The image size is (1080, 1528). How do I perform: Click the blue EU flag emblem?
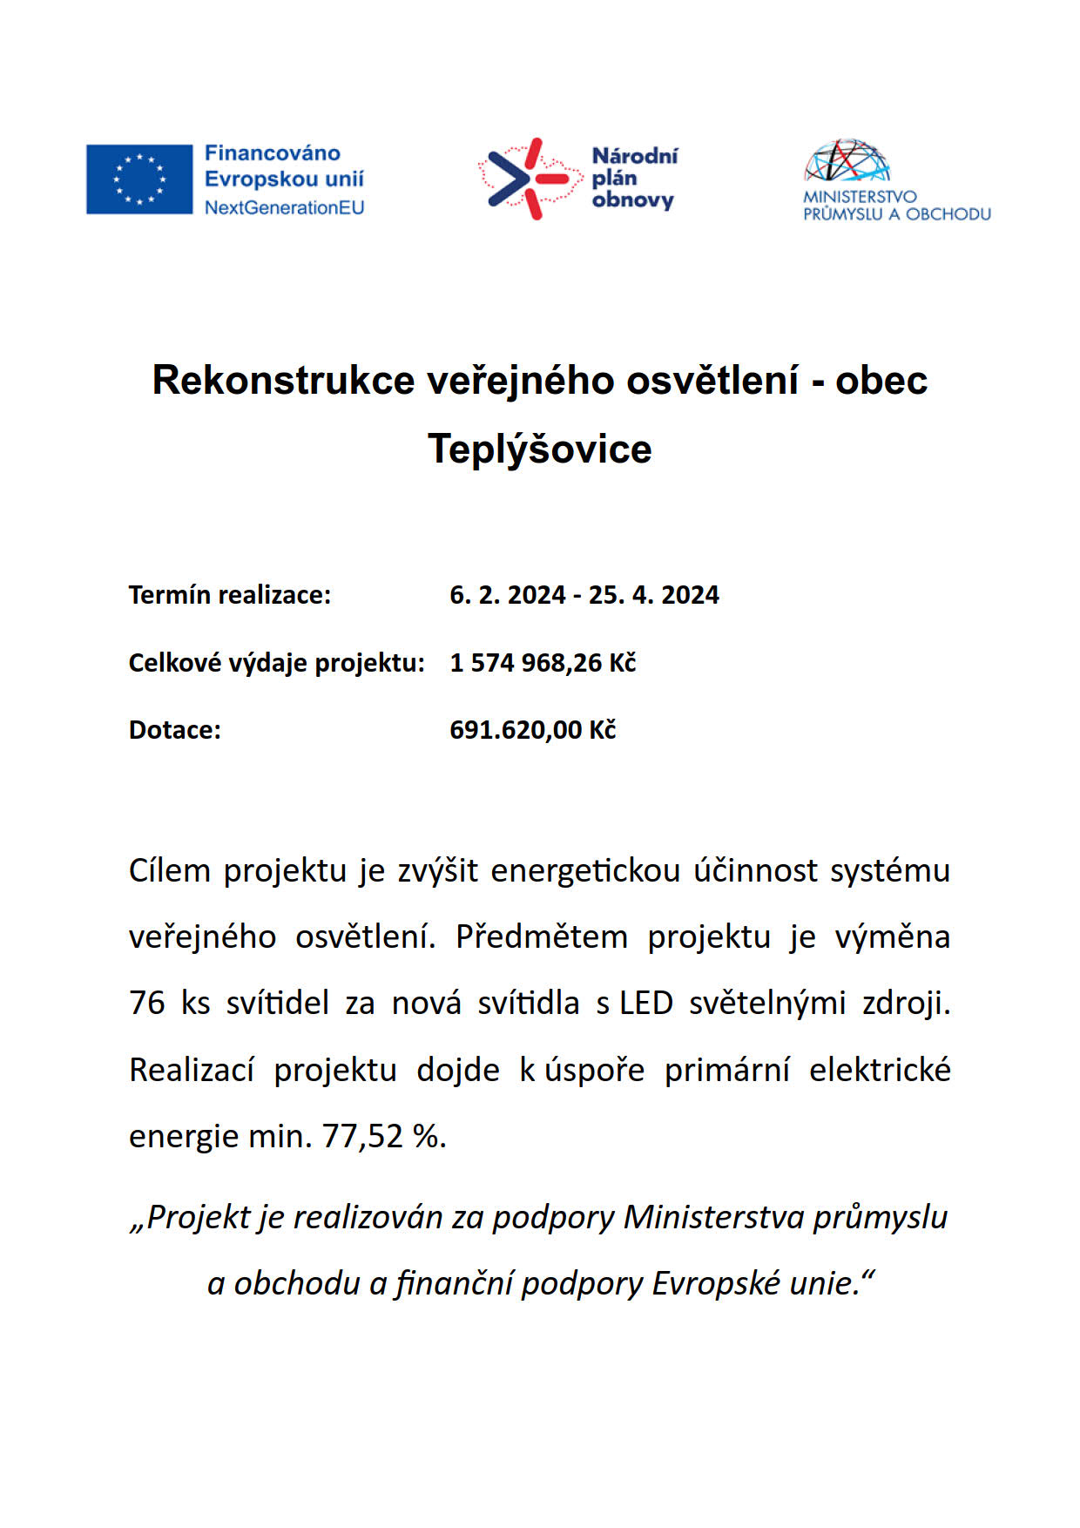click(139, 179)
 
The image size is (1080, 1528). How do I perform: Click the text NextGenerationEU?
click(284, 208)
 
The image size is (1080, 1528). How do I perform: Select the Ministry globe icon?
click(847, 160)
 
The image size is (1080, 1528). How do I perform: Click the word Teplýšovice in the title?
click(539, 450)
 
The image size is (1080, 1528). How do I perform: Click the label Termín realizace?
click(230, 595)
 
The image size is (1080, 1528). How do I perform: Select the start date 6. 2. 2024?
click(508, 595)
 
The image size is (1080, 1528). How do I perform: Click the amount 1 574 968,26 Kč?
click(543, 663)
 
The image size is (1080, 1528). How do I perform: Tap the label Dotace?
click(175, 730)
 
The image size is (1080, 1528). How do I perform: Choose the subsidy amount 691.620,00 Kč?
click(532, 730)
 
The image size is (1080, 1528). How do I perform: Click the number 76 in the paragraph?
click(147, 1004)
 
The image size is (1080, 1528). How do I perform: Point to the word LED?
click(646, 1004)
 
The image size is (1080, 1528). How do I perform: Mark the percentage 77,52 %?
click(384, 1137)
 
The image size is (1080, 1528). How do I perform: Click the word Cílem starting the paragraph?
click(170, 871)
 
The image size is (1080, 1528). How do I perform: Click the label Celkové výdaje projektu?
click(276, 663)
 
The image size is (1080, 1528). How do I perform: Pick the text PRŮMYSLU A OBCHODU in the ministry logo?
click(897, 214)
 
